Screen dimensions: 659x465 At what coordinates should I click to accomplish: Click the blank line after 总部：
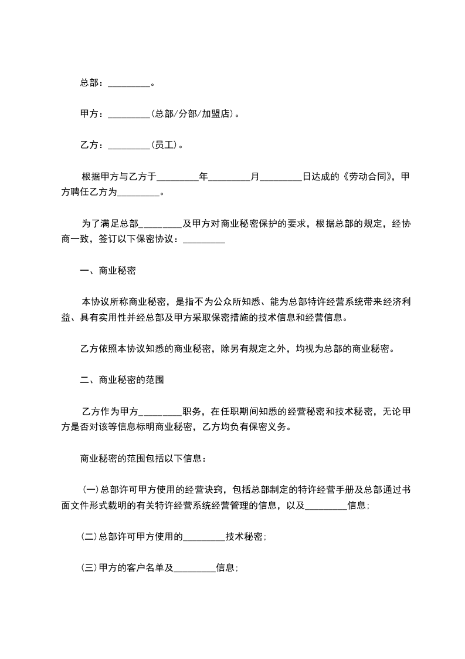click(x=130, y=83)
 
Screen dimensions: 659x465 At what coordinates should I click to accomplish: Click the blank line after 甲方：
click(x=130, y=115)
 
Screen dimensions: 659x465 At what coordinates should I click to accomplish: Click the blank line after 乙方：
click(x=130, y=145)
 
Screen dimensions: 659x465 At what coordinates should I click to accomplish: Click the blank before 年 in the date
click(x=178, y=176)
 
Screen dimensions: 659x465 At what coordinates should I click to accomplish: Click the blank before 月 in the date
click(x=229, y=176)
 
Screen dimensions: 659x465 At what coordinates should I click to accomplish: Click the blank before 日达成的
click(x=280, y=176)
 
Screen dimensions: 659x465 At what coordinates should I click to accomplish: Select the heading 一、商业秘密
click(x=109, y=271)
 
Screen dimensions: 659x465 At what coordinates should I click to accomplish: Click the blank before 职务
click(x=161, y=411)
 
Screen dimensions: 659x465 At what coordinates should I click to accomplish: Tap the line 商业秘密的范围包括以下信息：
click(x=143, y=458)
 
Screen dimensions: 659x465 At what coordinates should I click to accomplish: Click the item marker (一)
click(x=90, y=489)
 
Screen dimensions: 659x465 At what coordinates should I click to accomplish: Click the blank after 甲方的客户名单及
click(x=195, y=568)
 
